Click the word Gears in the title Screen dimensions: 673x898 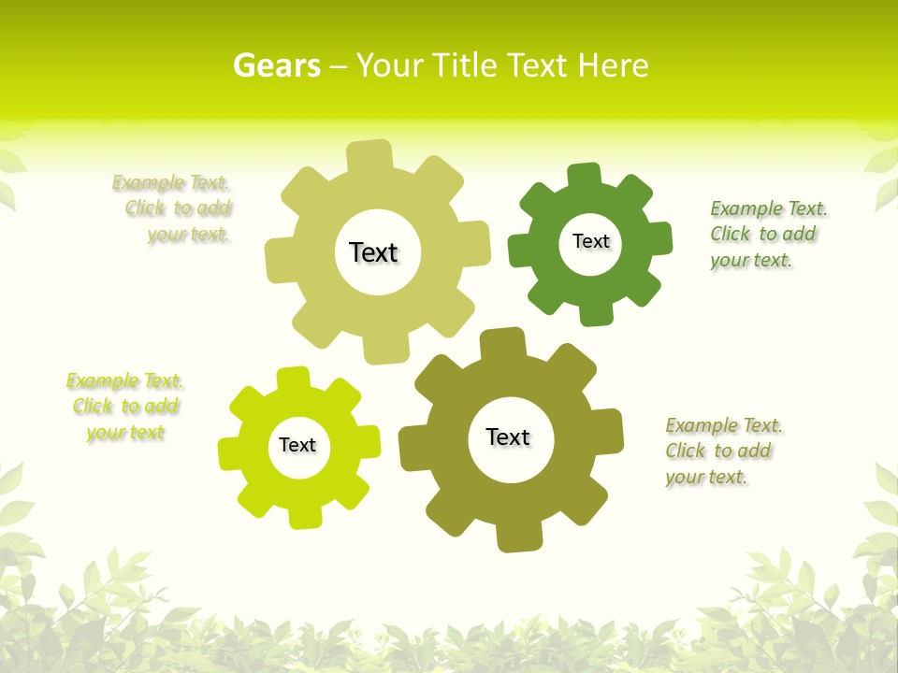point(277,65)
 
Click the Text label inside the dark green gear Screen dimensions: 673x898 point(591,241)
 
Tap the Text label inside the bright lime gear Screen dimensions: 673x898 point(297,446)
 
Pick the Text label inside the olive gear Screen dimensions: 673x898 point(508,437)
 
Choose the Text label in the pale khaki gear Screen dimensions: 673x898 point(373,252)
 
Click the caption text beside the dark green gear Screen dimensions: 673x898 point(769,234)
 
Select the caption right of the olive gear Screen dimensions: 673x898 point(724,451)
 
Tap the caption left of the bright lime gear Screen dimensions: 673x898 point(125,407)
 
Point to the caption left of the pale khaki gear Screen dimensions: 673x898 point(174,208)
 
